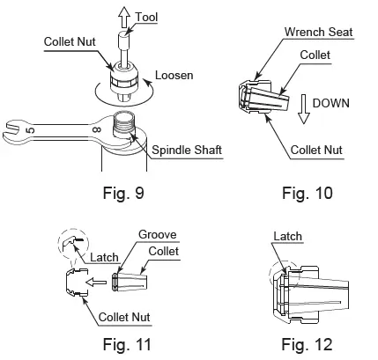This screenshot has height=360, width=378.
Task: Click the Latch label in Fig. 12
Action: point(287,237)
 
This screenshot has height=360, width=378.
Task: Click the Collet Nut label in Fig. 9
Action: point(70,41)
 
